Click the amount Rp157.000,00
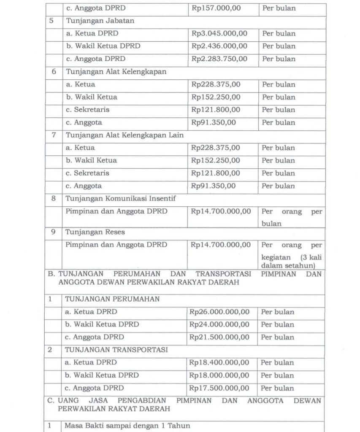point(216,8)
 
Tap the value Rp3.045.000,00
point(219,34)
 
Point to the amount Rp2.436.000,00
point(219,46)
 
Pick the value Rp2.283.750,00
point(219,59)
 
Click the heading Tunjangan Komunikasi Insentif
point(121,198)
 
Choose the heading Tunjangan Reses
point(95,232)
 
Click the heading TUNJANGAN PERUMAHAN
point(112,300)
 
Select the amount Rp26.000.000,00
point(219,312)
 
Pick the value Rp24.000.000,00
point(219,325)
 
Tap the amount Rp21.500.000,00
point(219,337)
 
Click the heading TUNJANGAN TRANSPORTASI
point(116,350)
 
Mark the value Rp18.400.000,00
point(219,362)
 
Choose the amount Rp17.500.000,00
point(219,388)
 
